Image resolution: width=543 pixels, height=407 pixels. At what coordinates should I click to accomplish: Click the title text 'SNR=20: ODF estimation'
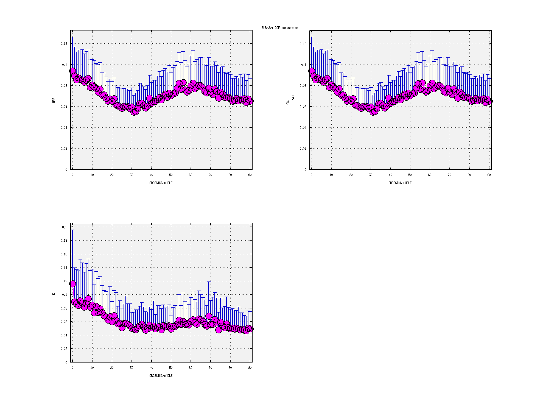click(x=279, y=28)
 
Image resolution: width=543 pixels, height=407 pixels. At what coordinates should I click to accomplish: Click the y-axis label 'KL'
click(x=54, y=293)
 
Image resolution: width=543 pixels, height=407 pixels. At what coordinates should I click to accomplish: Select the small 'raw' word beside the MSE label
click(x=293, y=98)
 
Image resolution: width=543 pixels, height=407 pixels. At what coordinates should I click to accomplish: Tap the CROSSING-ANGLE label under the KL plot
click(x=161, y=376)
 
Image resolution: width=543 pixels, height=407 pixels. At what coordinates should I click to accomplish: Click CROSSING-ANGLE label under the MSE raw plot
click(x=400, y=183)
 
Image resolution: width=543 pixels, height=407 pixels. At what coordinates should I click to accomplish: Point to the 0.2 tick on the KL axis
click(x=65, y=227)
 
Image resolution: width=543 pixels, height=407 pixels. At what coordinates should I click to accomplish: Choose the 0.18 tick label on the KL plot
click(x=64, y=241)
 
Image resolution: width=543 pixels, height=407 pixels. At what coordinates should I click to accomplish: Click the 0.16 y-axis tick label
click(x=64, y=254)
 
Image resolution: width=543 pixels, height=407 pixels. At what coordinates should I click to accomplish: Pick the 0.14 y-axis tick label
click(x=64, y=268)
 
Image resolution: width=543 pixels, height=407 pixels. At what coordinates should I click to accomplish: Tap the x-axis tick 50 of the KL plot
click(x=171, y=368)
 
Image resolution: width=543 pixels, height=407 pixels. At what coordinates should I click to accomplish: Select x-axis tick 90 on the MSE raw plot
click(x=489, y=175)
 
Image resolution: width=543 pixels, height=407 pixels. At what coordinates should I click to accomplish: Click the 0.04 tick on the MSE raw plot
click(x=303, y=128)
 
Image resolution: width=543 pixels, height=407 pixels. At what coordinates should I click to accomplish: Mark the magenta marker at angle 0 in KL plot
click(x=72, y=284)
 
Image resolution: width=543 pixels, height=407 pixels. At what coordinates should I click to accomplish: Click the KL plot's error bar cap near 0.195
click(x=72, y=230)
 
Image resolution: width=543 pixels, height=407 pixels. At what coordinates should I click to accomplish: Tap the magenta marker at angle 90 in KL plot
click(x=250, y=329)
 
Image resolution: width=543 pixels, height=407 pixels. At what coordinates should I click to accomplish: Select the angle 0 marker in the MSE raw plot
click(x=312, y=71)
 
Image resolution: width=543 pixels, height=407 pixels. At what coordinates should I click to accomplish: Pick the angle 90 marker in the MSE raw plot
click(x=489, y=101)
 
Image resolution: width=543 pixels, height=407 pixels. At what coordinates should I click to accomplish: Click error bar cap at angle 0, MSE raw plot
click(x=312, y=37)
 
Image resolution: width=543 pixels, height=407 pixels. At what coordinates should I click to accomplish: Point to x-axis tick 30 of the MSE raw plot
click(x=371, y=175)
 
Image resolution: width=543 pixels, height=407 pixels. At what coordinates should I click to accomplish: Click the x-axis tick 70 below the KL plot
click(x=210, y=368)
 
